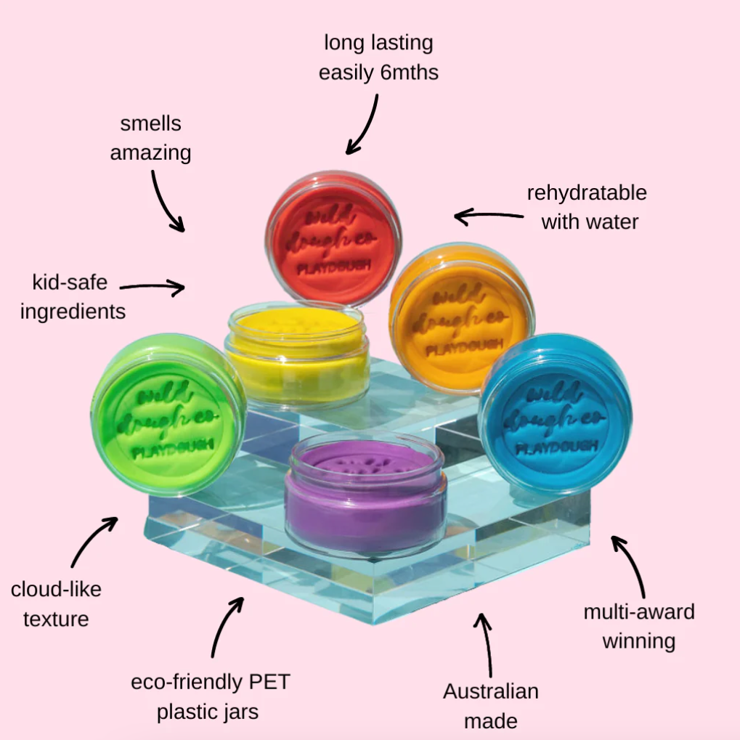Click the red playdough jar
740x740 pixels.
pyautogui.click(x=333, y=240)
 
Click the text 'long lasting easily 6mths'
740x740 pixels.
pyautogui.click(x=378, y=57)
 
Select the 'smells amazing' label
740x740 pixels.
pyautogui.click(x=151, y=138)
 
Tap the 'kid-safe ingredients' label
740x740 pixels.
pyautogui.click(x=73, y=296)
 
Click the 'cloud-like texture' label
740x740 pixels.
pyautogui.click(x=56, y=603)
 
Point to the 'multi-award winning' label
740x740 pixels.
pyautogui.click(x=639, y=626)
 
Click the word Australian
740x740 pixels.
pyautogui.click(x=491, y=691)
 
